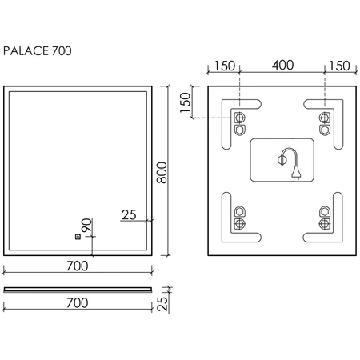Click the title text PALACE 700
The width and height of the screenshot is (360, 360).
click(x=38, y=50)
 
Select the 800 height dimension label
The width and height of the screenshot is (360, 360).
click(x=162, y=172)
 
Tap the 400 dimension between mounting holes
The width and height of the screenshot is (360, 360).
click(x=282, y=65)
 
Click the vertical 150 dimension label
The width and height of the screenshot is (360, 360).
click(x=186, y=102)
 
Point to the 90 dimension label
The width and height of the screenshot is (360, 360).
click(x=87, y=226)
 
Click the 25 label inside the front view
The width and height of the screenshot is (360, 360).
click(x=129, y=214)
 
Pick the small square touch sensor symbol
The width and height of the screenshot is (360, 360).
click(x=78, y=237)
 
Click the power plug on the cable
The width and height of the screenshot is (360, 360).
click(x=296, y=171)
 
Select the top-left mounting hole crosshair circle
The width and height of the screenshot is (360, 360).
click(x=239, y=118)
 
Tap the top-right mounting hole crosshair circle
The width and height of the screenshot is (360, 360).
click(x=325, y=118)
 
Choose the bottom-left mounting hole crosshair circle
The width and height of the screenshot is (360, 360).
click(x=239, y=223)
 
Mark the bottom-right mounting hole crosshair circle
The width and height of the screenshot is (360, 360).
click(x=325, y=223)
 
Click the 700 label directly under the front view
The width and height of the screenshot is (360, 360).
click(x=78, y=266)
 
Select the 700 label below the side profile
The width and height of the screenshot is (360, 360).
click(x=78, y=303)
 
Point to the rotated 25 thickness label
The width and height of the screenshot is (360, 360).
click(x=162, y=304)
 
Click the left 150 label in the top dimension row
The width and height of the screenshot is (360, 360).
click(x=225, y=66)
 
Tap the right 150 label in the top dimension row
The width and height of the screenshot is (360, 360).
click(x=339, y=66)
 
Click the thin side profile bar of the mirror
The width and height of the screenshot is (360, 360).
click(x=78, y=290)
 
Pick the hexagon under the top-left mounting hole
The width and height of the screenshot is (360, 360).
click(x=239, y=130)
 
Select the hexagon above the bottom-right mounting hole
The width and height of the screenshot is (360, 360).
click(x=325, y=211)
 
